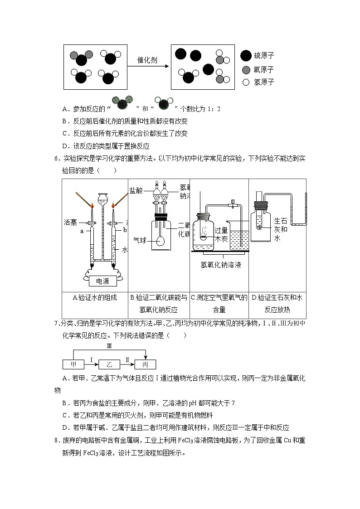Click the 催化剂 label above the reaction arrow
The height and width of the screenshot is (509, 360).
pos(147,60)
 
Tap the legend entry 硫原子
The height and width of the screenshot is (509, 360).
pos(264,56)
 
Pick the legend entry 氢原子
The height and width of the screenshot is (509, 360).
pos(264,82)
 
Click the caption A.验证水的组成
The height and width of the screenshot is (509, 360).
pos(94,298)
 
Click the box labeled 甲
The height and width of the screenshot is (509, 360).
pos(73,364)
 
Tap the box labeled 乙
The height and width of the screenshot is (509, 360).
pos(109,364)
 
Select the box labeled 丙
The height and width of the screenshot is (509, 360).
pos(145,364)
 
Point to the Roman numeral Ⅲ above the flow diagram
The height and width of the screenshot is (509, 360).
pos(109,346)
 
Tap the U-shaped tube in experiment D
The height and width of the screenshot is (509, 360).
pos(299,222)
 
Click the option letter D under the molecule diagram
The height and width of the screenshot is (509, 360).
pos(65,146)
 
